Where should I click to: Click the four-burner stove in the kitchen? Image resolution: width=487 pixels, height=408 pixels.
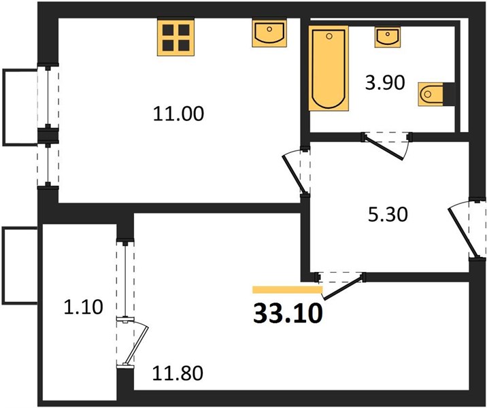(176, 37)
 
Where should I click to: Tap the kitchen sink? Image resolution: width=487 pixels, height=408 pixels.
(269, 33)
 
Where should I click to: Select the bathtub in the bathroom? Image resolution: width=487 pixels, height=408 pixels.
(329, 68)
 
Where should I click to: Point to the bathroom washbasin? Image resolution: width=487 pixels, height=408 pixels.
(387, 37)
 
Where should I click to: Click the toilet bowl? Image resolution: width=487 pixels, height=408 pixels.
(431, 94)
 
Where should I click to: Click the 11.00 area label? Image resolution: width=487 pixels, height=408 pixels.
(179, 114)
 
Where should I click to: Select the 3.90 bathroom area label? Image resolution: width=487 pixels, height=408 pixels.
(385, 83)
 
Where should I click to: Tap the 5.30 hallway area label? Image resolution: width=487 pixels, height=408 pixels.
(387, 215)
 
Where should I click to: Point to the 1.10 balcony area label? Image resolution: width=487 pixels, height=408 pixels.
(83, 307)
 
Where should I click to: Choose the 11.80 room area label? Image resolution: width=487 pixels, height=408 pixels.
(178, 373)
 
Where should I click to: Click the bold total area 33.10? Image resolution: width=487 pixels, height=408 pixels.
(288, 313)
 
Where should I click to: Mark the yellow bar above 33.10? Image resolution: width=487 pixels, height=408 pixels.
(288, 290)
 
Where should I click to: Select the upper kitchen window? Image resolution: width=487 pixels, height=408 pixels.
(48, 97)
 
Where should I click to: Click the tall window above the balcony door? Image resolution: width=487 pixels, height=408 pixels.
(125, 278)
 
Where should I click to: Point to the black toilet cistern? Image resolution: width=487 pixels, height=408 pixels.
(449, 94)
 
